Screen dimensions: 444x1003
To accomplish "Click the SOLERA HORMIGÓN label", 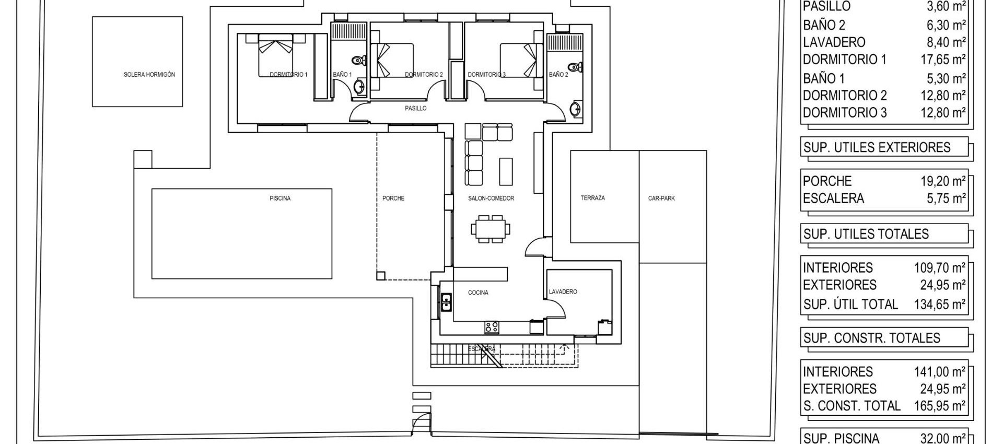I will (149, 75).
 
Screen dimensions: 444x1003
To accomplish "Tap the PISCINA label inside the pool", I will (280, 198).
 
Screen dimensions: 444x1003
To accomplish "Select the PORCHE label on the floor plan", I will (393, 198).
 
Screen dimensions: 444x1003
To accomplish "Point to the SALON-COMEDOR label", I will (491, 198).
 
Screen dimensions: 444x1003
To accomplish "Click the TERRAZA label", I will (593, 198).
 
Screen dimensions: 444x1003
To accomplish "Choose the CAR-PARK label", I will (661, 198).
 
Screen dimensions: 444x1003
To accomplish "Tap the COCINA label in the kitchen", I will (478, 293).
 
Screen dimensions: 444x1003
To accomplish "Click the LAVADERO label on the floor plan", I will (563, 292).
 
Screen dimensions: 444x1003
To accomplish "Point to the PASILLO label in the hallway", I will (416, 109).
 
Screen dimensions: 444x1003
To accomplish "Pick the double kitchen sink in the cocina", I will (446, 302).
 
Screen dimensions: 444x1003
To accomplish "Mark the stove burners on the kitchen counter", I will (491, 328).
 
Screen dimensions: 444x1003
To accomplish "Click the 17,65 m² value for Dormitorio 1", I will (943, 60).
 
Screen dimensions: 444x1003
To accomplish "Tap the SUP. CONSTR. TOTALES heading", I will (871, 338).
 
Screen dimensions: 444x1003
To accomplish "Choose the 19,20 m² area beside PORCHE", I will (943, 181).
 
